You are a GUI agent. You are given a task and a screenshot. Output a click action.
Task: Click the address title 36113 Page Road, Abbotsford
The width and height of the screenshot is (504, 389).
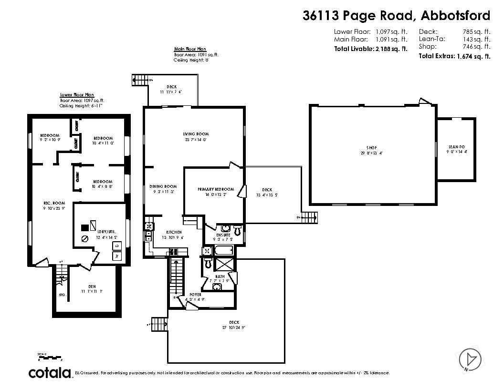[396, 16]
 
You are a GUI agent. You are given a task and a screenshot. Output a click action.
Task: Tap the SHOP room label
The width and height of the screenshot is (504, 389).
[372, 148]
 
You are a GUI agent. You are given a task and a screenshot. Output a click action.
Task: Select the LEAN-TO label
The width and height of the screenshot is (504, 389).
[456, 146]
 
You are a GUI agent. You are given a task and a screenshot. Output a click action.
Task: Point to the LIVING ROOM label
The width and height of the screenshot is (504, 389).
[196, 134]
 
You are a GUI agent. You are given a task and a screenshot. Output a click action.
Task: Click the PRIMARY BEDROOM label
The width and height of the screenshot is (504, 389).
[216, 189]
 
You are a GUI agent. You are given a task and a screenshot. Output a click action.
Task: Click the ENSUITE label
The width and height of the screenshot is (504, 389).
[223, 235]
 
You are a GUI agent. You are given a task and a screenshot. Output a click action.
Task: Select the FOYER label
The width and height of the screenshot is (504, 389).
[195, 295]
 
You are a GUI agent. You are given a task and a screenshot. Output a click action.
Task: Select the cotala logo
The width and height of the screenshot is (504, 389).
[50, 372]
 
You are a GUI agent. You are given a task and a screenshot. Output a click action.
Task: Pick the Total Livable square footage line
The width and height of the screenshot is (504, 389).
[370, 49]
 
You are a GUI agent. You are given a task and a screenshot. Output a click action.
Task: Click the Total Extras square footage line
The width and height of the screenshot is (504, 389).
[454, 56]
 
